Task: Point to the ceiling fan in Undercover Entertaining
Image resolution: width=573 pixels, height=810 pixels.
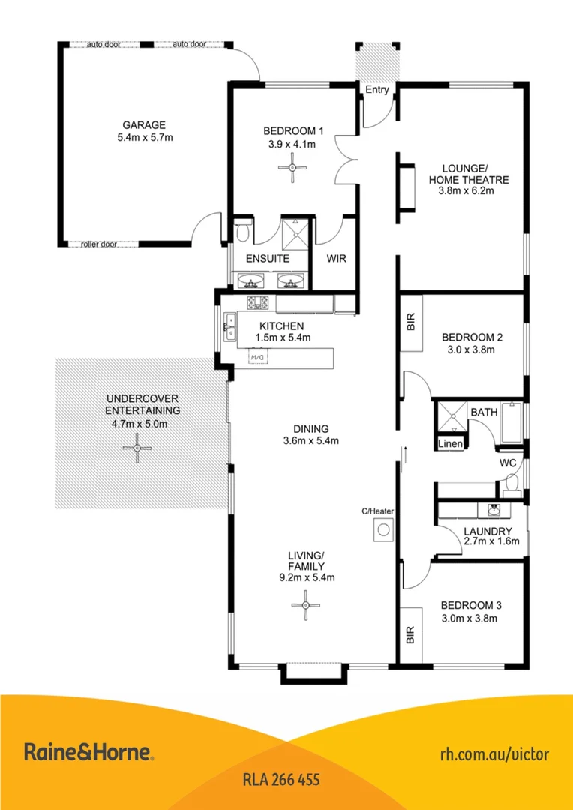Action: pos(137,448)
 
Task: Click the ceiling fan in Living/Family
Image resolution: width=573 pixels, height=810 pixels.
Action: pos(306,604)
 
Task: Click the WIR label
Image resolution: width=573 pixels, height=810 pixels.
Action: pos(335,258)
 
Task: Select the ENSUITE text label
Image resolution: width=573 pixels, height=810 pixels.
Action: pos(268,258)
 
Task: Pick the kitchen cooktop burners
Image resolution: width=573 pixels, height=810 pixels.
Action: pos(259,303)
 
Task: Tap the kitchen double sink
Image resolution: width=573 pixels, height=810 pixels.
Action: pos(229,326)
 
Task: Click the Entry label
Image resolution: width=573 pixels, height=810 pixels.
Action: pos(377,90)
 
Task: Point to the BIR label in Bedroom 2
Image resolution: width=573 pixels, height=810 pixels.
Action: pos(411,323)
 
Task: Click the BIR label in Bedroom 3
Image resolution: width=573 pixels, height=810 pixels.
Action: pos(411,636)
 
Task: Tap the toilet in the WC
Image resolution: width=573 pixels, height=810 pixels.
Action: pos(512,485)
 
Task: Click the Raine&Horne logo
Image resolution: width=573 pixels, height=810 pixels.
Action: pos(88,752)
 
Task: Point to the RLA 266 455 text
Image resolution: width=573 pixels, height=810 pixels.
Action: pos(282,780)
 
